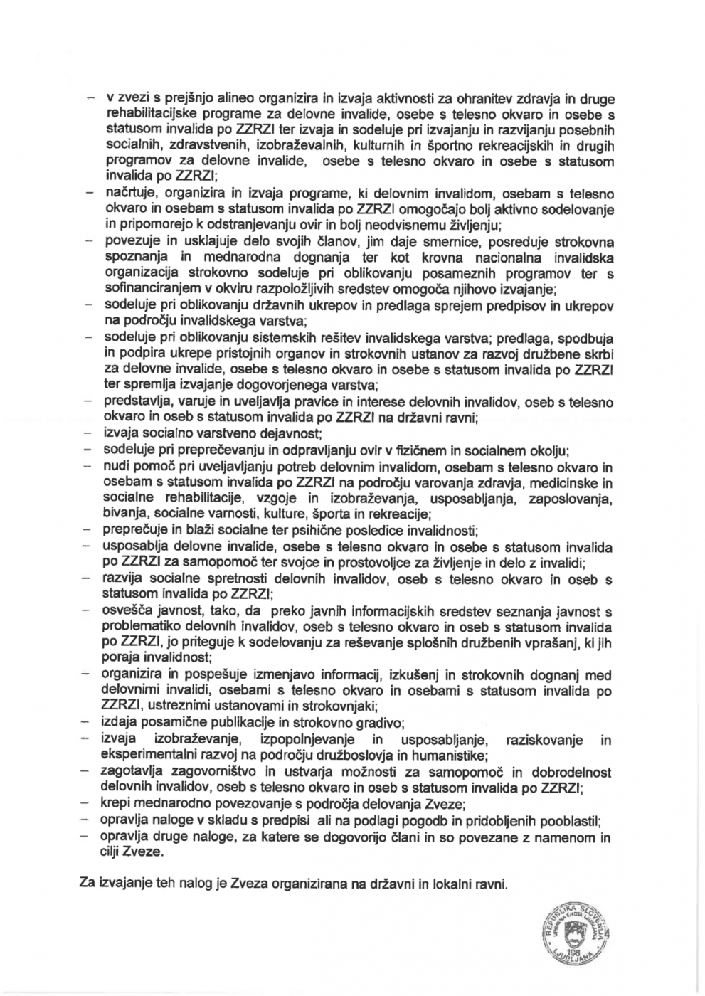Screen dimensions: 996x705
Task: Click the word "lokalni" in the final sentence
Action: [x=447, y=884]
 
